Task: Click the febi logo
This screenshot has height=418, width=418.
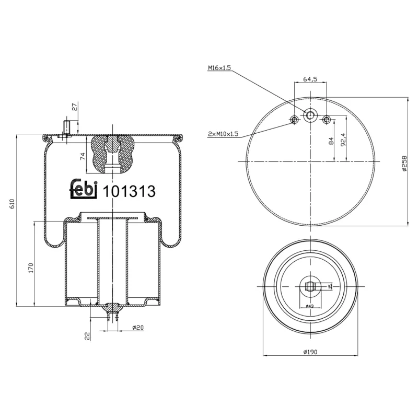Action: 84,190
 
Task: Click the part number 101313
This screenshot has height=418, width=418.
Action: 130,192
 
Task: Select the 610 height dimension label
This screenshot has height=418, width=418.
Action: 13,203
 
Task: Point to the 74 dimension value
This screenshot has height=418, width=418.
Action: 83,156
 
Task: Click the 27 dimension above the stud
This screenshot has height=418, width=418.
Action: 74,107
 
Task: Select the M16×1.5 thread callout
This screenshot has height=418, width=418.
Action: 220,68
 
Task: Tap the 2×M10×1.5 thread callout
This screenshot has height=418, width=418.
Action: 223,134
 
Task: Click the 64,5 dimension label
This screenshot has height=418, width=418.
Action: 310,79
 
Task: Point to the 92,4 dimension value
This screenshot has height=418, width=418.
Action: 343,140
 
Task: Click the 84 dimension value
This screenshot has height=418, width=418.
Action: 331,141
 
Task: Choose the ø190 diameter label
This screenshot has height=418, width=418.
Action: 310,352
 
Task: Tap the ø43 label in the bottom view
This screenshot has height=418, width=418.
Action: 309,306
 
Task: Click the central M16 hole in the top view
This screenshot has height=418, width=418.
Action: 310,115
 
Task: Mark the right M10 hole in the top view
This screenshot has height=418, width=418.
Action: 327,120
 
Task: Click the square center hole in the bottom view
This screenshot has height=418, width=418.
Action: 310,286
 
